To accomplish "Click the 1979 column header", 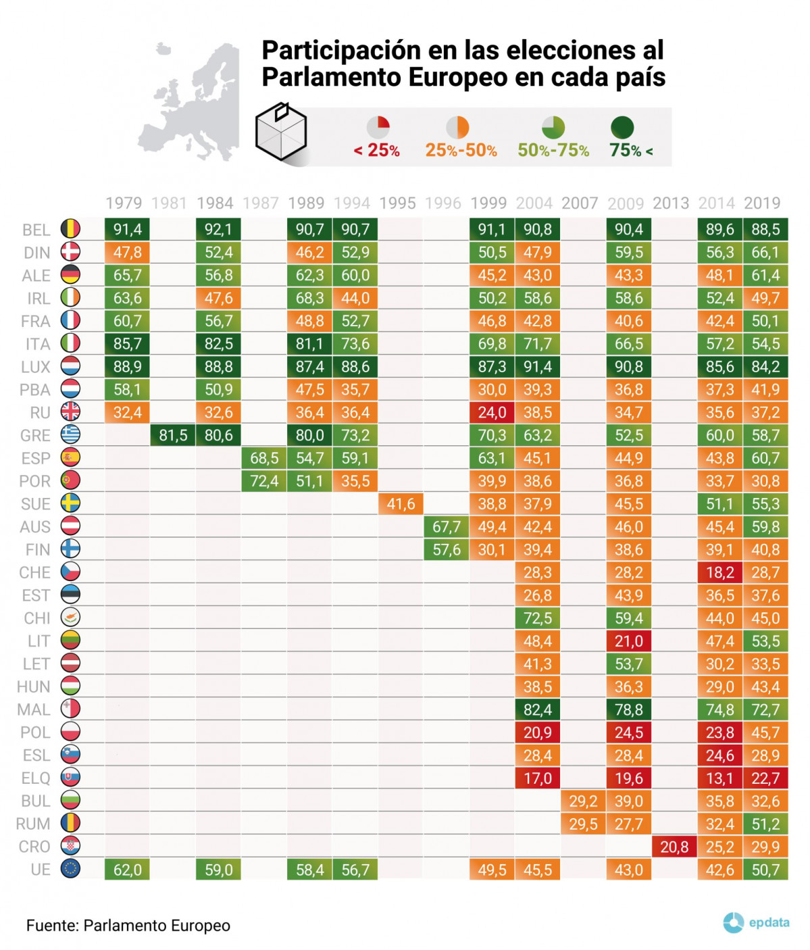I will [x=124, y=203].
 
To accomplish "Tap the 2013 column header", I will [x=671, y=203].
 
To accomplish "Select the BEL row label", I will [x=36, y=230].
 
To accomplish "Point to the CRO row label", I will [x=35, y=847].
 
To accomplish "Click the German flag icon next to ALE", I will [x=70, y=275].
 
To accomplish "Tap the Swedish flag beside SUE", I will [x=70, y=503].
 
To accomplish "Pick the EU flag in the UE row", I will [x=70, y=869].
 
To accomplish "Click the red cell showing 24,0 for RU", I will [x=492, y=412].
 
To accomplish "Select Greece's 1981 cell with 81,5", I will [x=173, y=435].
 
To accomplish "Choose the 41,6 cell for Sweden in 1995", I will [x=401, y=504].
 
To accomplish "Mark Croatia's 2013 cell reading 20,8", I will [x=674, y=847].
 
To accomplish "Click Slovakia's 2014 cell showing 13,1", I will [x=719, y=778].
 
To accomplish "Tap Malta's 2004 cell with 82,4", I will [x=537, y=709].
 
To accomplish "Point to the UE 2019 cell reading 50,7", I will [x=765, y=870].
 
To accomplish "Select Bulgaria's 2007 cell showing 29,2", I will [x=583, y=801].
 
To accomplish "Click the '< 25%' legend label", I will [x=377, y=150].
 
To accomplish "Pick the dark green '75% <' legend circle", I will [x=622, y=127].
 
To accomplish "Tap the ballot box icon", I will [x=281, y=132].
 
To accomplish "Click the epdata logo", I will [x=756, y=922].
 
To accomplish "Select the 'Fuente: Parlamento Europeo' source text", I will [x=128, y=926].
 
